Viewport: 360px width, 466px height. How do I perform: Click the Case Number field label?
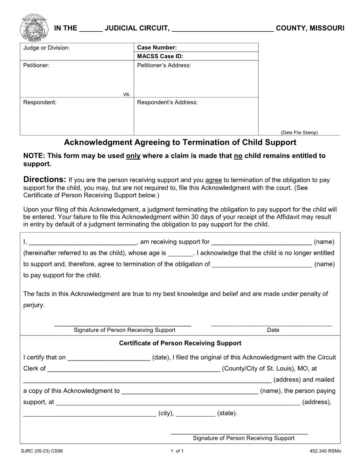click(x=157, y=48)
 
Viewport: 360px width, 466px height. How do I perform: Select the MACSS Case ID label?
click(x=160, y=56)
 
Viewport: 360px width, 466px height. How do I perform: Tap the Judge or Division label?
click(x=46, y=48)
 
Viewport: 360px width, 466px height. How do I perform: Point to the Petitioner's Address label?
click(x=164, y=65)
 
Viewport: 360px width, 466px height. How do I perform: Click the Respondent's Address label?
click(x=167, y=102)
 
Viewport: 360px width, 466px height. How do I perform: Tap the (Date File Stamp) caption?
click(x=299, y=132)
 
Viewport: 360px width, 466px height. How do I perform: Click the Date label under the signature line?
click(x=273, y=330)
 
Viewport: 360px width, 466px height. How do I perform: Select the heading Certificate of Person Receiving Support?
click(x=180, y=343)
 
